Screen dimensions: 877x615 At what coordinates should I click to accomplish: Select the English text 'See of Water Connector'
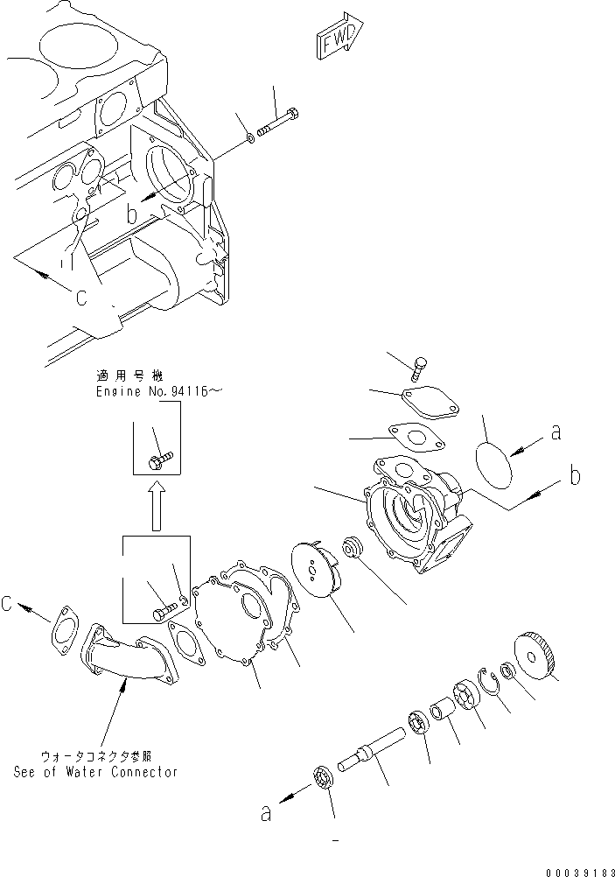pos(96,771)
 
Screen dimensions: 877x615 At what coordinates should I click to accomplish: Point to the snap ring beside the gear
pos(491,682)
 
